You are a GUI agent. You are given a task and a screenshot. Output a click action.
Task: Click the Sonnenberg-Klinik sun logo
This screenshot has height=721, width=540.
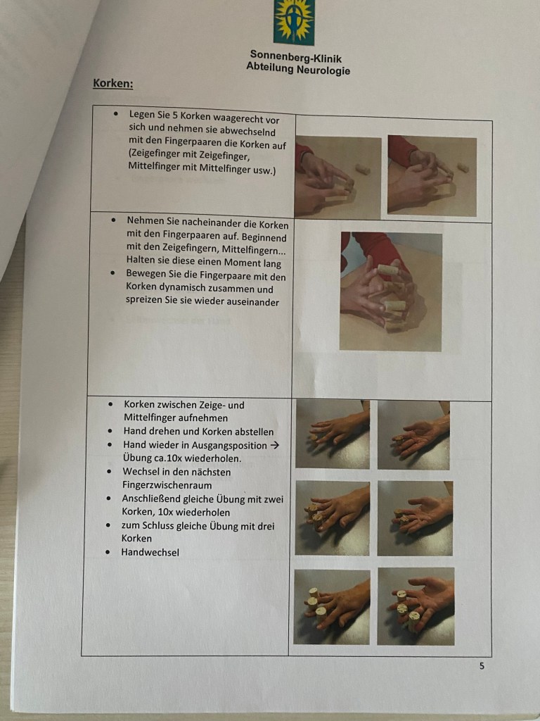[294, 22]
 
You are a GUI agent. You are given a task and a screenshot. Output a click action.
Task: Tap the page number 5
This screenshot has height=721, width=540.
[482, 665]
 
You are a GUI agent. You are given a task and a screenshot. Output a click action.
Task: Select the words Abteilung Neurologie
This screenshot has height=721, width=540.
[298, 68]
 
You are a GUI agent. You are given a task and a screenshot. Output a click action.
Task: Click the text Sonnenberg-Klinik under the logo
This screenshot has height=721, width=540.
[296, 58]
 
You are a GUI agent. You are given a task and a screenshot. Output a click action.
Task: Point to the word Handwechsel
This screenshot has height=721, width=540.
[150, 552]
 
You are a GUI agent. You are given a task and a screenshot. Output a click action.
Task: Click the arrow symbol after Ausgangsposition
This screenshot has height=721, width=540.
[275, 445]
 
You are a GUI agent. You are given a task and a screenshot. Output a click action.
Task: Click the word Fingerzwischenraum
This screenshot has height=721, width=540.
[167, 485]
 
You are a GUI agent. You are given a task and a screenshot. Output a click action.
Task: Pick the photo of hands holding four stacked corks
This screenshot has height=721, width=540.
[391, 291]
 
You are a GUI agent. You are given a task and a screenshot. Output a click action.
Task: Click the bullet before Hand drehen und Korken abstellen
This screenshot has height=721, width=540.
[110, 432]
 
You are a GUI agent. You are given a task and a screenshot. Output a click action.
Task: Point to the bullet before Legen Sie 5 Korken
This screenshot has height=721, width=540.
[117, 113]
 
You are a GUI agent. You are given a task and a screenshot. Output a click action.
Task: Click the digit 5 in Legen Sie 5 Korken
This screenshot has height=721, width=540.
[174, 115]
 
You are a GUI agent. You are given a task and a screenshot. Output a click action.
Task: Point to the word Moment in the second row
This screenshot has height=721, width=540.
[242, 263]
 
